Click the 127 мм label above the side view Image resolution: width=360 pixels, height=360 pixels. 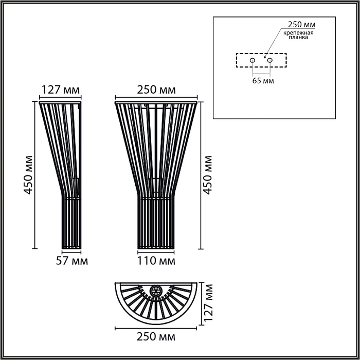tap(60, 90)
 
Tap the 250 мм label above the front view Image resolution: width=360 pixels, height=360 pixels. tap(156, 90)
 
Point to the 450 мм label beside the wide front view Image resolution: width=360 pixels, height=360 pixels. tap(208, 175)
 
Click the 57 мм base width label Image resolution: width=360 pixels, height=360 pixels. tap(71, 261)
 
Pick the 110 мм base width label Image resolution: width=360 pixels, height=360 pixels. tap(157, 261)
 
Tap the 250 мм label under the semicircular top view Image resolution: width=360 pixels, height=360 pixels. tap(156, 337)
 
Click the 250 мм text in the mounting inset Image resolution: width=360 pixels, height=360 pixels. tap(301, 24)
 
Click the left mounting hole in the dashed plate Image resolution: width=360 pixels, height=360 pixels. tap(253, 60)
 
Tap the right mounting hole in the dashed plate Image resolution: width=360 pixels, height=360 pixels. tap(269, 60)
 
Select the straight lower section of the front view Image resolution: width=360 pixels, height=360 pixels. tap(156, 224)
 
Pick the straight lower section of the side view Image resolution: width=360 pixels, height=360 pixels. tap(70, 224)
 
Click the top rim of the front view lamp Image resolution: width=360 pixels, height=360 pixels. tap(156, 102)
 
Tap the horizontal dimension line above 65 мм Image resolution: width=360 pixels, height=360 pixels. tap(261, 74)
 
